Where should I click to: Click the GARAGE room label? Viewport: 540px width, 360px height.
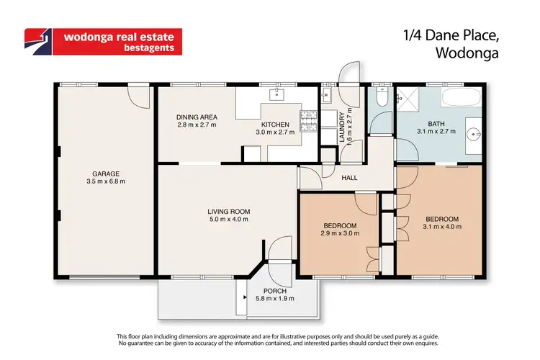point(105,173)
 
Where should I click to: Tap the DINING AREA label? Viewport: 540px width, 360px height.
point(197,117)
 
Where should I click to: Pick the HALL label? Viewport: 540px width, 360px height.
point(350,178)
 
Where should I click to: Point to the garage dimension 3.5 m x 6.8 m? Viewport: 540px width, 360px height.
point(105,181)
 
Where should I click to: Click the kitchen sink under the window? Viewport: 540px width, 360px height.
point(276,94)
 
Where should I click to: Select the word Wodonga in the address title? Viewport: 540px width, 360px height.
point(469,52)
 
